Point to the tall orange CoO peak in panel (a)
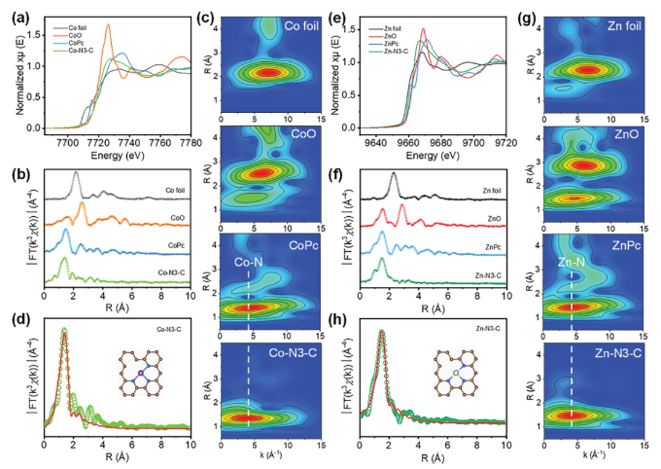108,26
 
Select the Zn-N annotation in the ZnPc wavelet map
572,261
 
